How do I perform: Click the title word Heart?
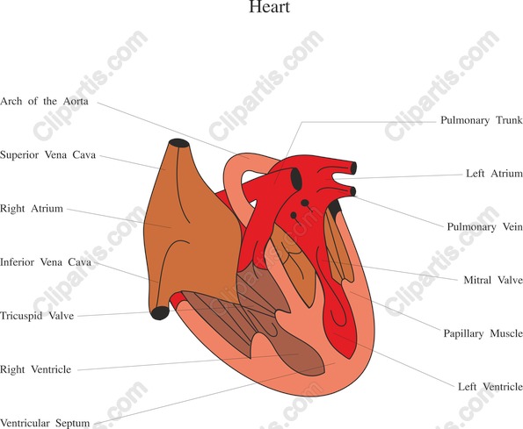click(x=269, y=7)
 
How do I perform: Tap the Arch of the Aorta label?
click(x=44, y=101)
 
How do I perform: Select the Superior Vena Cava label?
click(x=48, y=154)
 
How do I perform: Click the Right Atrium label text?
click(x=32, y=209)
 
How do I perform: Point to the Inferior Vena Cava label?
click(x=46, y=262)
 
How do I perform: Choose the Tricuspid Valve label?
click(x=37, y=316)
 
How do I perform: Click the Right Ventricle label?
click(x=36, y=369)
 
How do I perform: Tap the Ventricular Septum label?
click(x=45, y=423)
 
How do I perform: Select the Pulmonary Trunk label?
click(x=482, y=120)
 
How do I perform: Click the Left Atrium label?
click(x=494, y=174)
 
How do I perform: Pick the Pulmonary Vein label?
click(x=484, y=227)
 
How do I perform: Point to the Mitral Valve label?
click(x=493, y=280)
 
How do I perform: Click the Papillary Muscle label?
click(x=483, y=333)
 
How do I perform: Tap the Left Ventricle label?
click(x=490, y=387)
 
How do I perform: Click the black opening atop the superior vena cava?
click(x=179, y=143)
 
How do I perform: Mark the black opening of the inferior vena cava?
click(x=160, y=313)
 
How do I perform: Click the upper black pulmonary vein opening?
click(x=353, y=168)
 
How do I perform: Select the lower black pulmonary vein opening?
click(x=352, y=191)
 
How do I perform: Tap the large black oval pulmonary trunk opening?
click(x=296, y=179)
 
